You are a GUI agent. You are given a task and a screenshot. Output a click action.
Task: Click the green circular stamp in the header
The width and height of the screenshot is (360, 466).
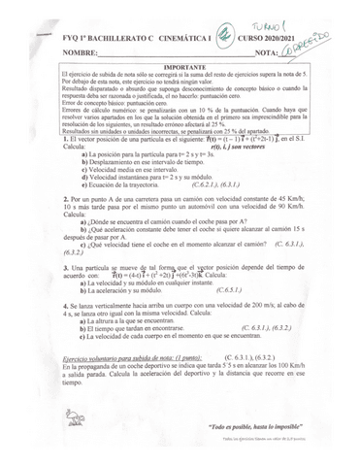point(225,32)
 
